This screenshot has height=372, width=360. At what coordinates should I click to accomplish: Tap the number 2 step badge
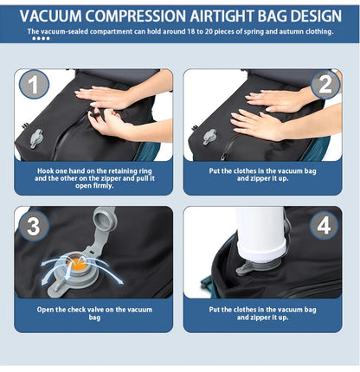click(325, 84)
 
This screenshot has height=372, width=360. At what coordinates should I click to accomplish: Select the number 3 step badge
click(33, 227)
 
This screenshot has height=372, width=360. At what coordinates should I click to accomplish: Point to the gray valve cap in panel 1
click(36, 138)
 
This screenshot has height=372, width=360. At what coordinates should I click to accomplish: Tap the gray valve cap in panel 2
click(209, 137)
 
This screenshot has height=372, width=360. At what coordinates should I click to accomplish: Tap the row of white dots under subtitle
click(42, 39)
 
